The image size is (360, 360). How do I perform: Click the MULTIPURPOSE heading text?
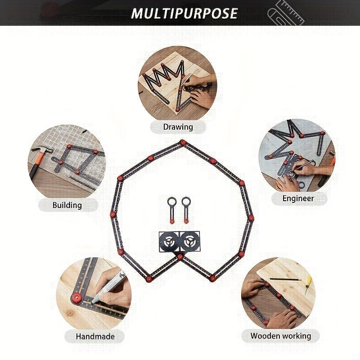click(x=184, y=13)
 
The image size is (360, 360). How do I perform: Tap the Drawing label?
click(x=178, y=127)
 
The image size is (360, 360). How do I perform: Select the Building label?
click(x=67, y=205)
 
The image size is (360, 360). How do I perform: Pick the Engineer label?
click(x=298, y=198)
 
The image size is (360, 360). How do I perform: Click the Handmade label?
click(x=95, y=336)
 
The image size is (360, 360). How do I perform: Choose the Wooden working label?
click(x=281, y=336)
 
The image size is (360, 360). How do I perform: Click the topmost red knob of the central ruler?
click(x=183, y=142)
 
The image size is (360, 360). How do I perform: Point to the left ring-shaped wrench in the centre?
click(x=171, y=210)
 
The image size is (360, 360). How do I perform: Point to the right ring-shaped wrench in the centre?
click(x=186, y=210)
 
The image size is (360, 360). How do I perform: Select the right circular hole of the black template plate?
click(x=190, y=241)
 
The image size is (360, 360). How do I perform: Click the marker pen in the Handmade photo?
click(x=108, y=287)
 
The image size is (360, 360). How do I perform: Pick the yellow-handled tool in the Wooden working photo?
click(x=308, y=285)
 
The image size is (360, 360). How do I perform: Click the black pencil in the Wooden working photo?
click(x=285, y=279)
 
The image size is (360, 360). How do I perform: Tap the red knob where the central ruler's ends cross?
click(x=180, y=256)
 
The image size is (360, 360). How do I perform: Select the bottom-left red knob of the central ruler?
click(x=149, y=279)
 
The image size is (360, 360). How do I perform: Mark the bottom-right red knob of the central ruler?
click(x=212, y=279)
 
